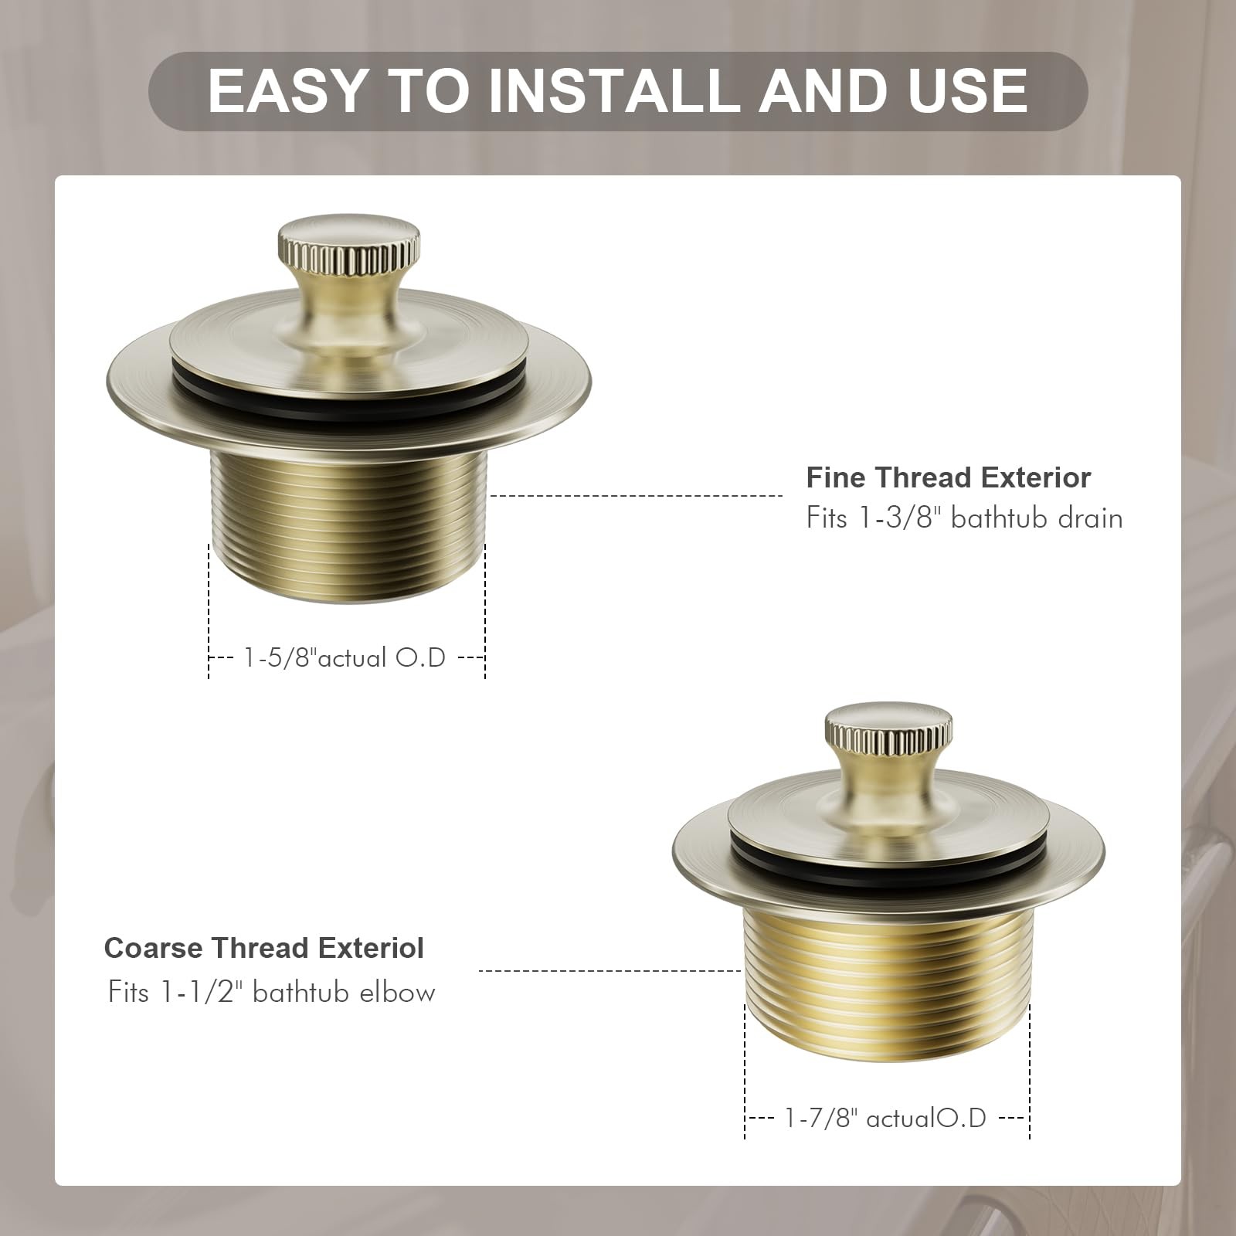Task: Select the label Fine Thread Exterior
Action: [949, 477]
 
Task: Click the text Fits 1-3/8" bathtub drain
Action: [964, 517]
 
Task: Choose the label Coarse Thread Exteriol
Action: [264, 948]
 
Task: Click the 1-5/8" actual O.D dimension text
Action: [345, 657]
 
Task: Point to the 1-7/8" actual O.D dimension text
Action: [885, 1118]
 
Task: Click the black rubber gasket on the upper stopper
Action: [349, 402]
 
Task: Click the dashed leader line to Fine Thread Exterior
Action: [637, 496]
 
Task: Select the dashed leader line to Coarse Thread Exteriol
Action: [610, 970]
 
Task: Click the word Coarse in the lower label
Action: [154, 948]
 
